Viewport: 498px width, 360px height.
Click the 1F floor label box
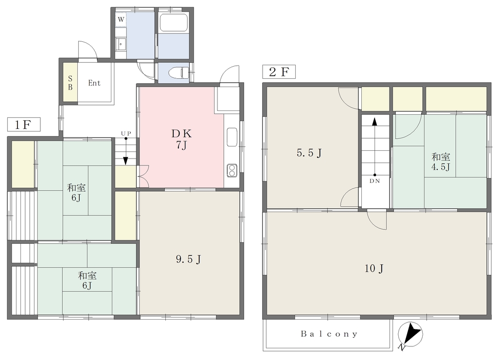24,124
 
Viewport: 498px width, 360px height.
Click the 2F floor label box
279,72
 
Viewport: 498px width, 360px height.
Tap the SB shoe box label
70,83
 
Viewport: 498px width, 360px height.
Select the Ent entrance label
94,83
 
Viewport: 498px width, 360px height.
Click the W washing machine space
121,19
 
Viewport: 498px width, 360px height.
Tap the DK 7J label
181,139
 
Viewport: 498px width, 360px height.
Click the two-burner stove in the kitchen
231,171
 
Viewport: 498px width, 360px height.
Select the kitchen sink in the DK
232,137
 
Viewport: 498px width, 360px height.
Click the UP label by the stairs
126,133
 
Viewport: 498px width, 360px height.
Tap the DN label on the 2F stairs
375,181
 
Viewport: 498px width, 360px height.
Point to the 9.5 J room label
189,259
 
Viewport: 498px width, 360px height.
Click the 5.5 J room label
309,153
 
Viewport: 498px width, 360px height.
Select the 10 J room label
374,269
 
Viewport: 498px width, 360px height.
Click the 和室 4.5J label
441,162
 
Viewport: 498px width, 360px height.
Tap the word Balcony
329,334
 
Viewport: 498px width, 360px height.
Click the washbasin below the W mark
121,44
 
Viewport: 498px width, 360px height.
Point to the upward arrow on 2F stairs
375,146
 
